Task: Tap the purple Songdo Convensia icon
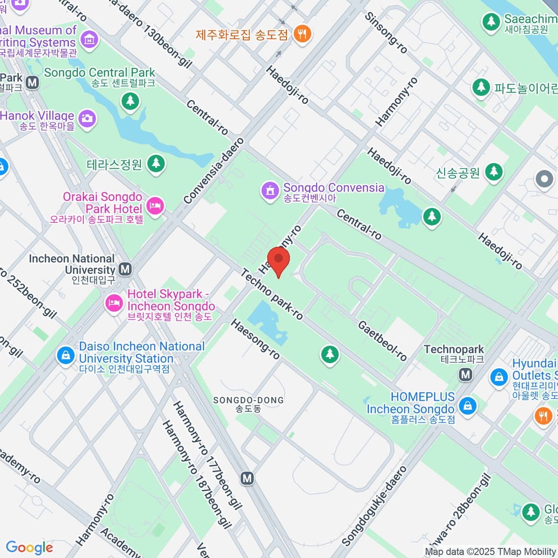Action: [270, 191]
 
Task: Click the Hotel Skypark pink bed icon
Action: [113, 303]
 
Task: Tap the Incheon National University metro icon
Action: [125, 269]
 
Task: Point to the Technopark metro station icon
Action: [465, 374]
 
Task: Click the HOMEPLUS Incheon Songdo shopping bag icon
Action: [467, 405]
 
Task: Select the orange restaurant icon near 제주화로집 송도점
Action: [302, 33]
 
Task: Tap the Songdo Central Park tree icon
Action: [130, 100]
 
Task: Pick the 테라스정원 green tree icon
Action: [156, 163]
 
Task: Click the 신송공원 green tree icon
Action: [494, 172]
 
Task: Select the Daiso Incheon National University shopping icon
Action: [66, 356]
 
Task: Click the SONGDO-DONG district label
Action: [248, 400]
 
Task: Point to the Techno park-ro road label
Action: [272, 295]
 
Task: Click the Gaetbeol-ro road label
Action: [382, 340]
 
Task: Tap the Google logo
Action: [29, 547]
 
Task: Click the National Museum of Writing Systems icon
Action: [89, 39]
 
